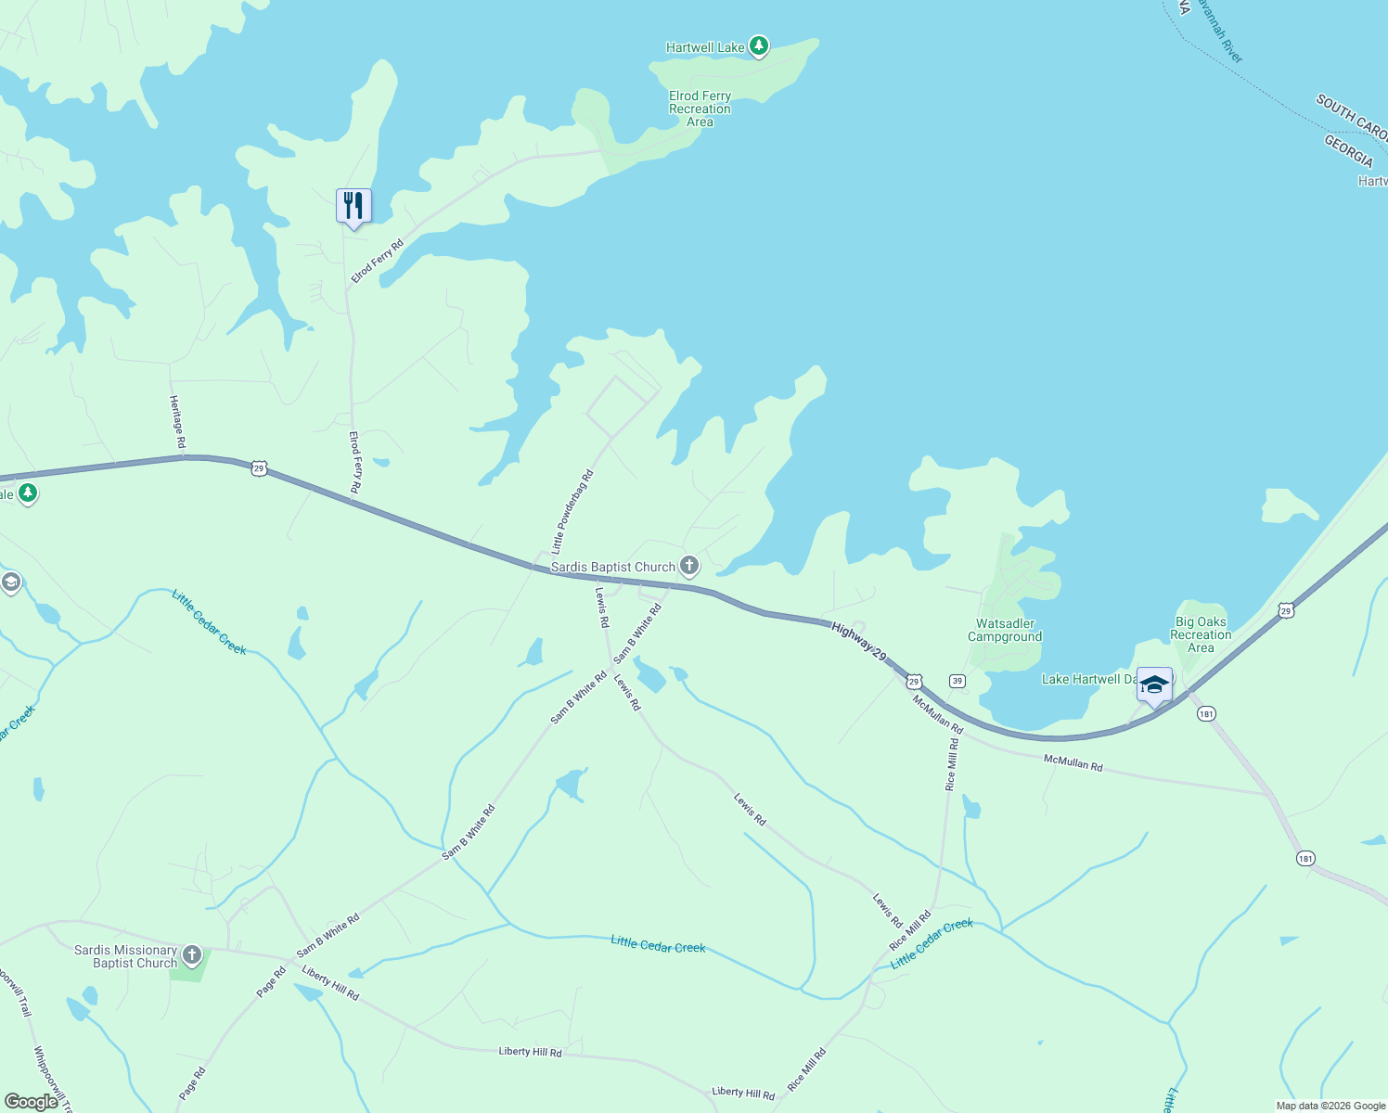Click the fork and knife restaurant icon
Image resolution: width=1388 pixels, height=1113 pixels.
click(x=353, y=205)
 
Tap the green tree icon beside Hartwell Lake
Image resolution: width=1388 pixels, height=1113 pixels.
click(x=759, y=45)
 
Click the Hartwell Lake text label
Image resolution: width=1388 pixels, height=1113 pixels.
click(x=705, y=47)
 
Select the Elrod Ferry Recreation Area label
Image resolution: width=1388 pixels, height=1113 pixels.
click(x=700, y=109)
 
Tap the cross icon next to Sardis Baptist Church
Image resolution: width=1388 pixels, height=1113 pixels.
click(x=689, y=565)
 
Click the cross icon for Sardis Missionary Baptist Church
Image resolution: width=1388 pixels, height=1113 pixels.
click(x=192, y=954)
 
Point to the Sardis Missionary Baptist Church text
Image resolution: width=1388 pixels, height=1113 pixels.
click(x=126, y=956)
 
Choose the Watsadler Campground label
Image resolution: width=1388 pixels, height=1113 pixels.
click(x=1005, y=630)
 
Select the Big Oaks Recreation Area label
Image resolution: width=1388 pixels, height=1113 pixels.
click(x=1201, y=634)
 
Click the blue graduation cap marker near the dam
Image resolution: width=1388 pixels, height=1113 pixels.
click(x=1154, y=685)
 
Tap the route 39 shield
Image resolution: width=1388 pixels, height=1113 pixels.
click(x=957, y=681)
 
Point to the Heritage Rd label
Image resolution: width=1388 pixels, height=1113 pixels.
click(x=176, y=422)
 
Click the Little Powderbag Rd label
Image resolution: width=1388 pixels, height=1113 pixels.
click(x=572, y=512)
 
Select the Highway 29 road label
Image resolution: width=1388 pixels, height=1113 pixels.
click(x=858, y=642)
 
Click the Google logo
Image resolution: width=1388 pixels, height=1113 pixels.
click(x=32, y=1102)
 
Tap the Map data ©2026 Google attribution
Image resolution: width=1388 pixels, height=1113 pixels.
click(x=1330, y=1106)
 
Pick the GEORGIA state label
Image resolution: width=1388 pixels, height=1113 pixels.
click(x=1347, y=150)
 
